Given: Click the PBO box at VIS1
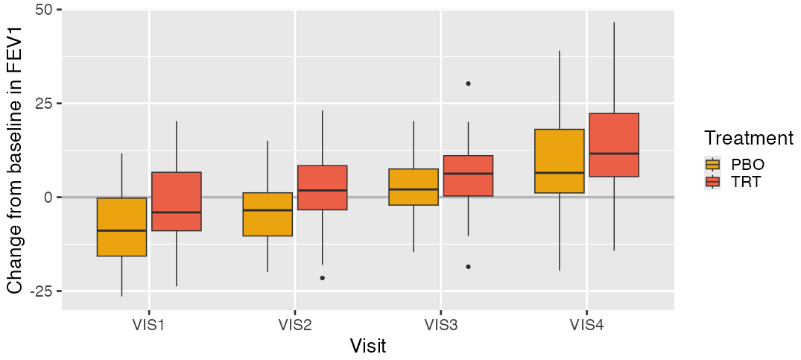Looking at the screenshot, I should [x=121, y=227].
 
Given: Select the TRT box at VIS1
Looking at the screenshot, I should [x=177, y=201].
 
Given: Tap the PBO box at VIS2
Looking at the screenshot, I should [x=267, y=214].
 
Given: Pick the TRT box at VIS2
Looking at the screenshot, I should [x=322, y=188].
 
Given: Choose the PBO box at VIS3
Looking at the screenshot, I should [x=414, y=187].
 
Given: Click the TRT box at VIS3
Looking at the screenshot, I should [x=468, y=176].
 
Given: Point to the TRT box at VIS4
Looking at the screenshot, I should [x=614, y=145].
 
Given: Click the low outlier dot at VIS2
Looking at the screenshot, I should [x=322, y=278].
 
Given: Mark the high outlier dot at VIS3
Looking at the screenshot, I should [x=468, y=83].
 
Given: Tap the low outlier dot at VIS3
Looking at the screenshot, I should [x=468, y=267].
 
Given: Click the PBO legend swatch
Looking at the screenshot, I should [x=713, y=165].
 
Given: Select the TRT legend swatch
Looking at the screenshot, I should [x=713, y=182].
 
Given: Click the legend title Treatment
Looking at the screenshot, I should [x=748, y=138].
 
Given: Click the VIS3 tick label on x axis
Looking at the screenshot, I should [x=440, y=325].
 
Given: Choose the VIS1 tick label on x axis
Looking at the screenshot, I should [x=148, y=325].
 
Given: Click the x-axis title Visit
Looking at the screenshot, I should [x=367, y=347].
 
